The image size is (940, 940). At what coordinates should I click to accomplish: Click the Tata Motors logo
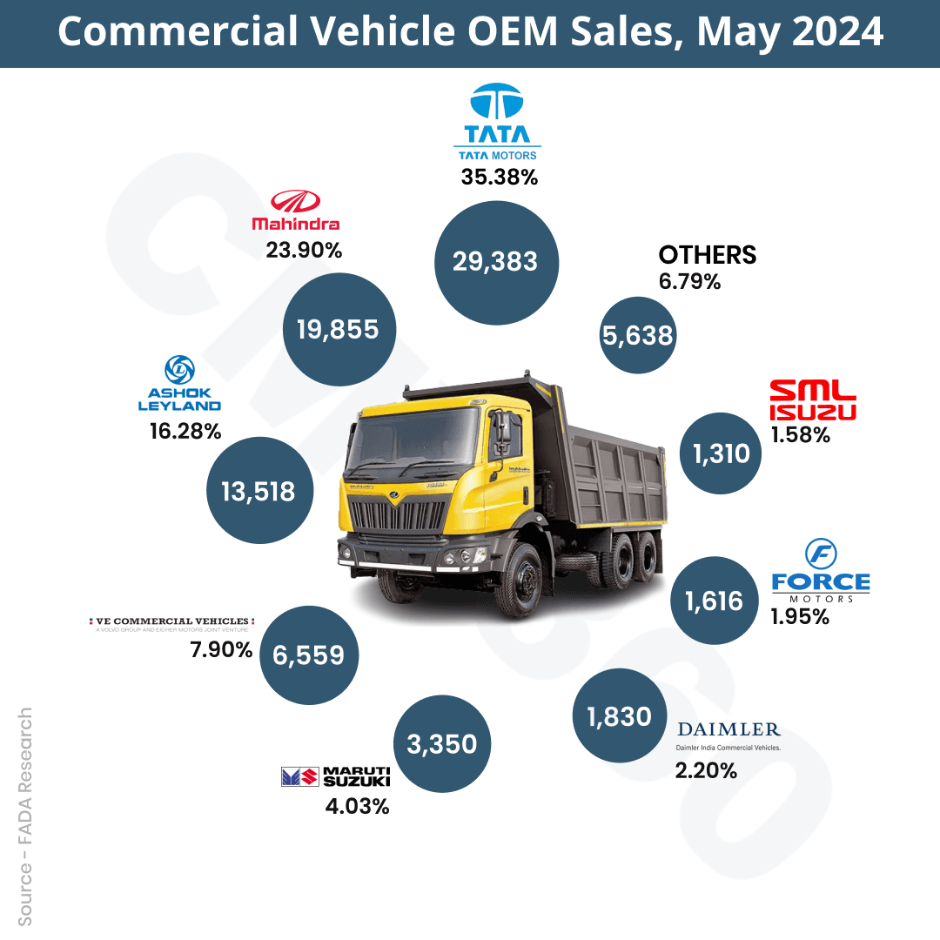click(x=497, y=122)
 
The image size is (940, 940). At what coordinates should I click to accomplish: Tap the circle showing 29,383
click(x=495, y=261)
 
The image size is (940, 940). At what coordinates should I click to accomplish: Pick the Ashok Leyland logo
click(x=179, y=384)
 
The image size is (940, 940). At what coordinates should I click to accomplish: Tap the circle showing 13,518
click(x=258, y=491)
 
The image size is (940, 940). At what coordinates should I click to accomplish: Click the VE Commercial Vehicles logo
click(x=170, y=623)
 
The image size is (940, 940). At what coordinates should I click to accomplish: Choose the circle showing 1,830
click(x=619, y=716)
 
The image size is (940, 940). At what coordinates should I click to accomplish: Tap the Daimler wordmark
click(x=728, y=729)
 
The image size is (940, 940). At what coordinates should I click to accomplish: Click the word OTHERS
click(x=707, y=255)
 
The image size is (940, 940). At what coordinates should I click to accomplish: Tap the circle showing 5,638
click(x=638, y=335)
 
